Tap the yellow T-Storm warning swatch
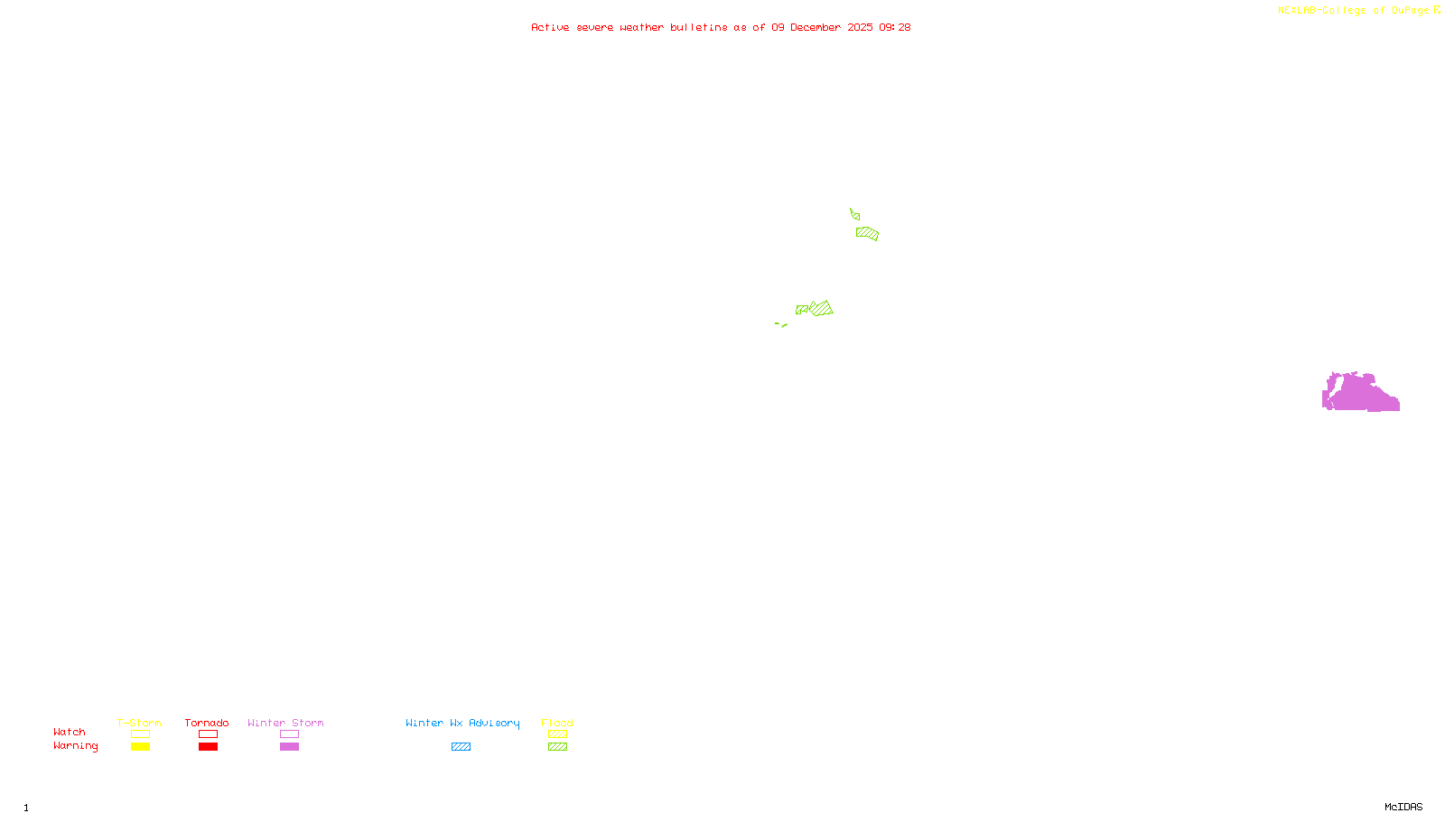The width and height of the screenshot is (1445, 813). click(x=140, y=747)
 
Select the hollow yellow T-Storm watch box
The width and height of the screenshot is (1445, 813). click(x=140, y=734)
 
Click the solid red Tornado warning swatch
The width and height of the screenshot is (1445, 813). click(x=208, y=747)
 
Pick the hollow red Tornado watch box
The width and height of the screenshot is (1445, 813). click(x=208, y=734)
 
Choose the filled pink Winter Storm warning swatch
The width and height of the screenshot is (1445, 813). click(x=289, y=747)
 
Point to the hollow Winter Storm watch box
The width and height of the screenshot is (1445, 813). click(x=289, y=734)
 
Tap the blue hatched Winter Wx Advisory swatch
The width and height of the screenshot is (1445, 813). click(x=461, y=747)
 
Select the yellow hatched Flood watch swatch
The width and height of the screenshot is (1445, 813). click(x=557, y=734)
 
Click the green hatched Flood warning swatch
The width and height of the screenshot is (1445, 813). click(x=557, y=747)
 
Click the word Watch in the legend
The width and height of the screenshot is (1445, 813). click(x=70, y=733)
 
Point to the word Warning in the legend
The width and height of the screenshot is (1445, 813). click(x=75, y=746)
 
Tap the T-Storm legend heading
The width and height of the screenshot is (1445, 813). click(x=139, y=723)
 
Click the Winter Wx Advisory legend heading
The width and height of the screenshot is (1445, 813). click(x=462, y=723)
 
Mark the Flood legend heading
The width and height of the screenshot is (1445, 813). click(x=557, y=723)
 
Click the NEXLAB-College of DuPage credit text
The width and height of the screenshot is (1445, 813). click(x=1354, y=11)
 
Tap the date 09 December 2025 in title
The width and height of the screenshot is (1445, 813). click(x=822, y=28)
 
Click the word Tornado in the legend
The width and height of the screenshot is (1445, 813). click(x=207, y=723)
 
